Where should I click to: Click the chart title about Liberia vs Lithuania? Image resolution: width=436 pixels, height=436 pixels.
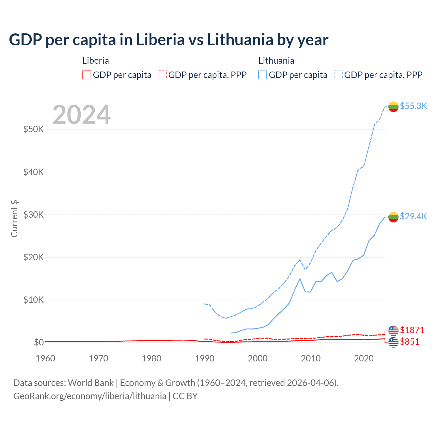coord(169,40)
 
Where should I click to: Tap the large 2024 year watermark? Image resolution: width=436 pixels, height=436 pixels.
coord(81,115)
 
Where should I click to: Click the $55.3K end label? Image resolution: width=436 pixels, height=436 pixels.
coord(413,106)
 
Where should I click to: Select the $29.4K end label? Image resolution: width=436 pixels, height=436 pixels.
coord(413,216)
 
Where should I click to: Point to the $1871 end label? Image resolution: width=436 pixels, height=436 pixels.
coord(412,330)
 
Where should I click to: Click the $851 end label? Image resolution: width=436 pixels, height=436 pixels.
coord(410,342)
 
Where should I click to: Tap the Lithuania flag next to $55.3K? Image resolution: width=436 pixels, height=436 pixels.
coord(393,107)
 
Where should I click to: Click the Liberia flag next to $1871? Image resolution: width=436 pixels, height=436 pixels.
coord(393,330)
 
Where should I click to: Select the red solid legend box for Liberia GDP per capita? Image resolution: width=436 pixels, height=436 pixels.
coord(87,75)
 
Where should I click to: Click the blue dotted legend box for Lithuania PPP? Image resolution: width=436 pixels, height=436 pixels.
coord(338,75)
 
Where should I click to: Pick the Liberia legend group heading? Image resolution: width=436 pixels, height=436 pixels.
coord(96,61)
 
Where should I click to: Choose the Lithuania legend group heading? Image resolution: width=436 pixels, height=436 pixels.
coord(276,61)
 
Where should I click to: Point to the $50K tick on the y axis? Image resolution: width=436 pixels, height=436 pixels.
coord(33,129)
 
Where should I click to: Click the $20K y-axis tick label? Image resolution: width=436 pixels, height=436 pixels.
coord(33,257)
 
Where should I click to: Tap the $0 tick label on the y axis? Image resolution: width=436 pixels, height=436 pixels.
coord(39,342)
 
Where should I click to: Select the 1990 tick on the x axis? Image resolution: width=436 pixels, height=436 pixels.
coord(205,358)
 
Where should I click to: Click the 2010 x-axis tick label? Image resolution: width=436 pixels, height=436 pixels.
coord(311,358)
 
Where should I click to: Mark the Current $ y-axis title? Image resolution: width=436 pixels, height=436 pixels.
coord(14,219)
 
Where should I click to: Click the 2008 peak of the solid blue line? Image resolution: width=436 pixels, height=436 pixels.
coord(300,279)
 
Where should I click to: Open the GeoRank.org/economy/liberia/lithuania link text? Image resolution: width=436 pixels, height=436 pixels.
coord(90,396)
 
